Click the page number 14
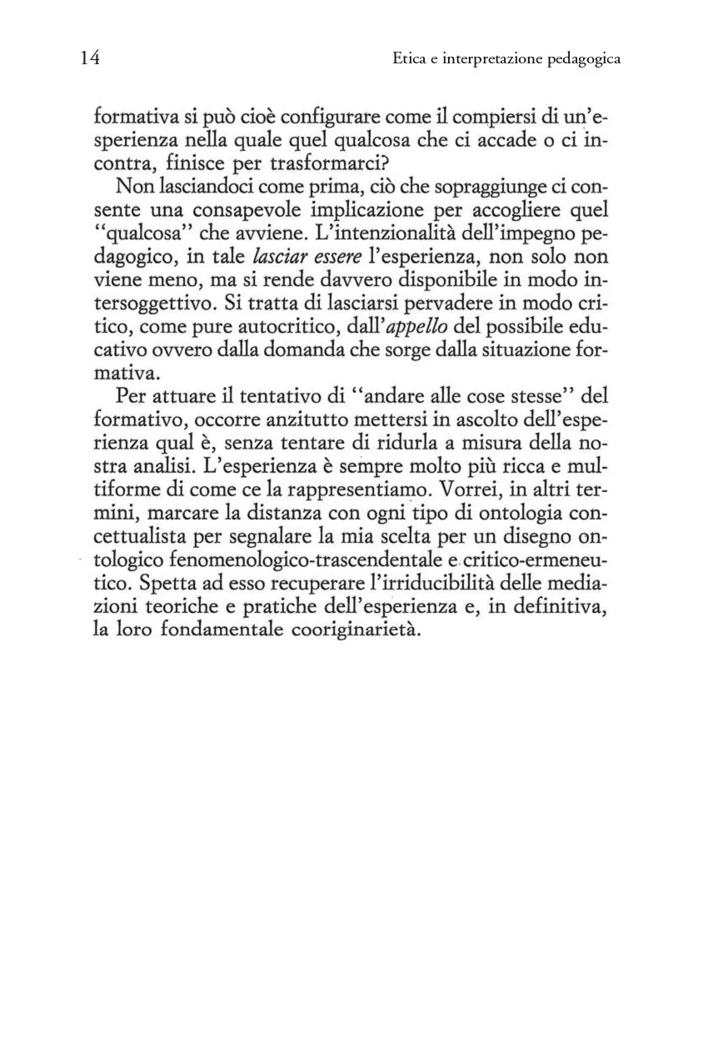pos(91,58)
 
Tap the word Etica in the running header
pos(410,59)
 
